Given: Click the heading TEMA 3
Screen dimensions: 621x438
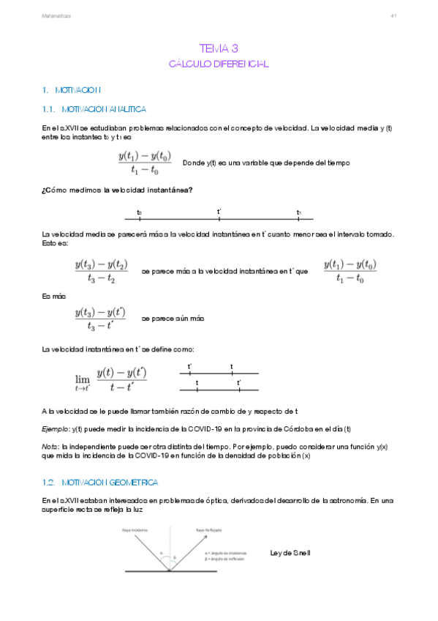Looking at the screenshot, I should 219,48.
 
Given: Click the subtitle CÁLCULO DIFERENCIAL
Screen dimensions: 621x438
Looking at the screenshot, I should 219,64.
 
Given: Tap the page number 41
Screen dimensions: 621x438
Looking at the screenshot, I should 393,15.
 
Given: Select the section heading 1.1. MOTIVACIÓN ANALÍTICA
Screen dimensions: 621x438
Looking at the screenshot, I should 94,109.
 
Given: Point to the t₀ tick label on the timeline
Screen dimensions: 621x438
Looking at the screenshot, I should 140,212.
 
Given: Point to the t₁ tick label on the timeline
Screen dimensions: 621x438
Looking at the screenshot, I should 299,212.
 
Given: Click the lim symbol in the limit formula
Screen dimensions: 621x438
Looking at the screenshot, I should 82,379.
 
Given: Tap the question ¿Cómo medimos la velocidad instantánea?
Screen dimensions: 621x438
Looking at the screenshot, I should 118,190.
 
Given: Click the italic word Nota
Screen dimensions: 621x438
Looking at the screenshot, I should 50,445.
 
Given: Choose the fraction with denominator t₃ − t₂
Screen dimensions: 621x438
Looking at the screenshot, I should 101,271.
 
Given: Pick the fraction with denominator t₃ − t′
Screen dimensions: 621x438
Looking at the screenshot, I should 100,319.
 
